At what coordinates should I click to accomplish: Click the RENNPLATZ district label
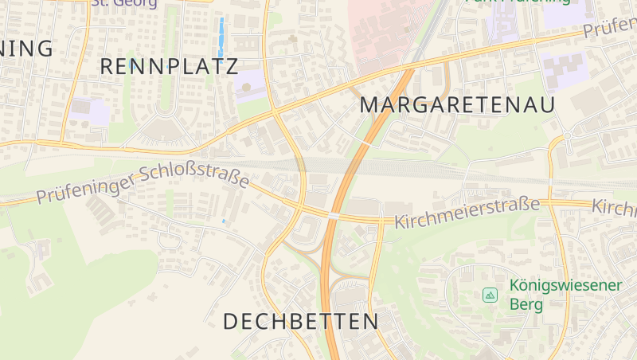pos(170,66)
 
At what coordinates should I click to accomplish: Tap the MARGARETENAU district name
pos(457,104)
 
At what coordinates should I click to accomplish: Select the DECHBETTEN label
pos(301,322)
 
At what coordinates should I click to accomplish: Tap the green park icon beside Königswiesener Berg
pos(490,295)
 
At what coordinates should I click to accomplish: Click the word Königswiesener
pos(565,285)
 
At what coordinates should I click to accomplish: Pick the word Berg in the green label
pos(526,304)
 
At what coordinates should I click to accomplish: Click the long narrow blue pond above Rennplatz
pos(221,32)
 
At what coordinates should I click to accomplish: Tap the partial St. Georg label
pos(124,3)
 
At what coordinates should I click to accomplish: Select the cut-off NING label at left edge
pos(27,48)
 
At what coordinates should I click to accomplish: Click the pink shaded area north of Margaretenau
pos(382,32)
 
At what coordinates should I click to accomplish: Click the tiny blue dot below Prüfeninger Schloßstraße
pos(225,221)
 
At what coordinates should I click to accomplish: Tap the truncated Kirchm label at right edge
pos(615,208)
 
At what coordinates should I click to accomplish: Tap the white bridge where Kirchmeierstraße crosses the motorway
pos(333,215)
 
